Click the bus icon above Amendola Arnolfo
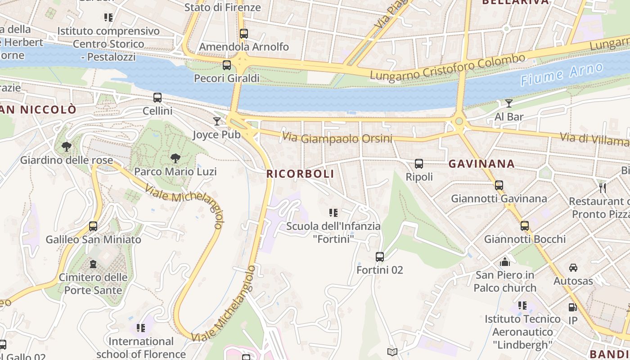243,34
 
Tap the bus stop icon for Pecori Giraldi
227,65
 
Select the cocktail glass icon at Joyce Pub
217,121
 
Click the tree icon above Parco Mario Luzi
175,158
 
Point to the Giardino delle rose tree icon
66,147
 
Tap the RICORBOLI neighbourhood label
300,174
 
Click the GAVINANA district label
481,164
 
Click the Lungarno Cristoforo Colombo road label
447,67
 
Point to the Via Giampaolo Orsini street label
337,138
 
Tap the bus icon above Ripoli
419,164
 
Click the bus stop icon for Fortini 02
380,257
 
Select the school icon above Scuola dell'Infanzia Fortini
333,212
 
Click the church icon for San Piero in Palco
505,261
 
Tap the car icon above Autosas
573,268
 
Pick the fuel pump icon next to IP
572,307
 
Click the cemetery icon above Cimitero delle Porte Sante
93,264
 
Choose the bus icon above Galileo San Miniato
93,226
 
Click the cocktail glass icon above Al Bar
508,103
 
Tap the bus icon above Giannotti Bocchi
525,226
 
